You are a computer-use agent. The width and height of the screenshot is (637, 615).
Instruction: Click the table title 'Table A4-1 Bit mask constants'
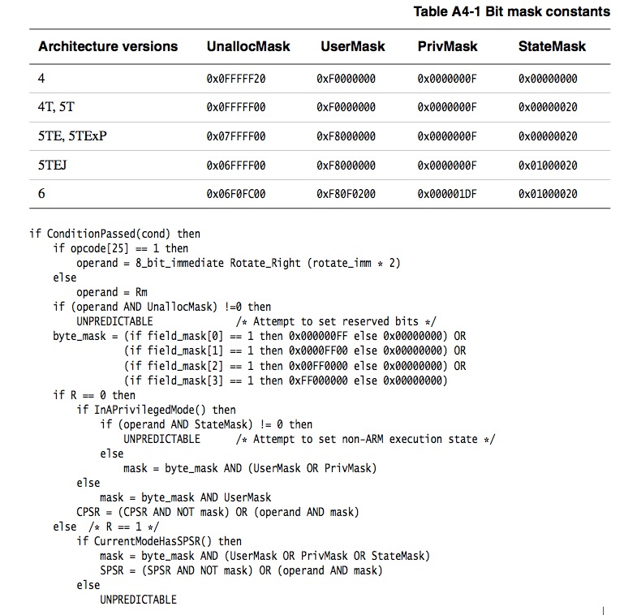[x=511, y=11]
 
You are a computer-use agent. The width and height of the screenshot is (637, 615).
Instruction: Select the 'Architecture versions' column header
[x=108, y=46]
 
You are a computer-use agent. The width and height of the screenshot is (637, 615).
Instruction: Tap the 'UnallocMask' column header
[x=248, y=46]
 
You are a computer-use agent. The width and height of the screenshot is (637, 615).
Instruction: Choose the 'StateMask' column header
[x=552, y=46]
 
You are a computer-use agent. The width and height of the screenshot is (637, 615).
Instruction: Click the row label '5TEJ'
[x=54, y=166]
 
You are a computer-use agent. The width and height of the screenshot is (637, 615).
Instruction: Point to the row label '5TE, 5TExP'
[x=72, y=135]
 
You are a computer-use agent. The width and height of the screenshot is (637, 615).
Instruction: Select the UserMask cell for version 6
[x=346, y=195]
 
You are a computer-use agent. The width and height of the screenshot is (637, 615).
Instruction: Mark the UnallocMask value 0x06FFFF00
[x=237, y=166]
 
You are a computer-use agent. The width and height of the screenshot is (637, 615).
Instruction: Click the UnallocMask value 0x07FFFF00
[x=237, y=136]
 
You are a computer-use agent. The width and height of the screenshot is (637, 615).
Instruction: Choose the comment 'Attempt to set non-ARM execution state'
[x=374, y=439]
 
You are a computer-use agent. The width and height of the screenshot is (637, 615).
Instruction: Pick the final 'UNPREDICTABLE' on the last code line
[x=138, y=600]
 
